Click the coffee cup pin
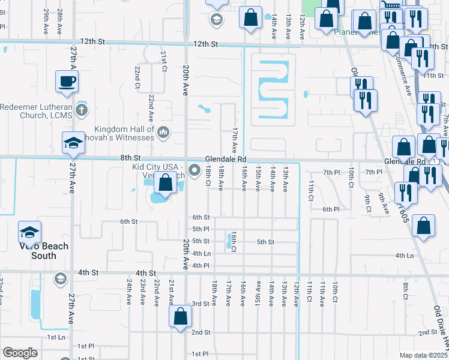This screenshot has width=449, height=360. (67, 80)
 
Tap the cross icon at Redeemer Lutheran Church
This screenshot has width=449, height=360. (82, 110)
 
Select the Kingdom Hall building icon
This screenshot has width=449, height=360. (163, 131)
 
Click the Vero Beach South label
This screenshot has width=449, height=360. (43, 251)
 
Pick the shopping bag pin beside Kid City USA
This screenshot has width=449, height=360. (166, 183)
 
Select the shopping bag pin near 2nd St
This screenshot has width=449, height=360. (180, 317)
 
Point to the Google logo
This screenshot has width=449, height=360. (20, 353)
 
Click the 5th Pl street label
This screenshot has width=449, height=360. (200, 229)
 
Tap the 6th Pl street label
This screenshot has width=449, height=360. (331, 209)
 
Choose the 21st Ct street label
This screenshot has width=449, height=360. (163, 60)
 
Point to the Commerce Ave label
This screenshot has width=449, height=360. (408, 77)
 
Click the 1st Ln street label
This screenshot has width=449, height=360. (56, 337)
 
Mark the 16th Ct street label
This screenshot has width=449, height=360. (234, 241)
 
